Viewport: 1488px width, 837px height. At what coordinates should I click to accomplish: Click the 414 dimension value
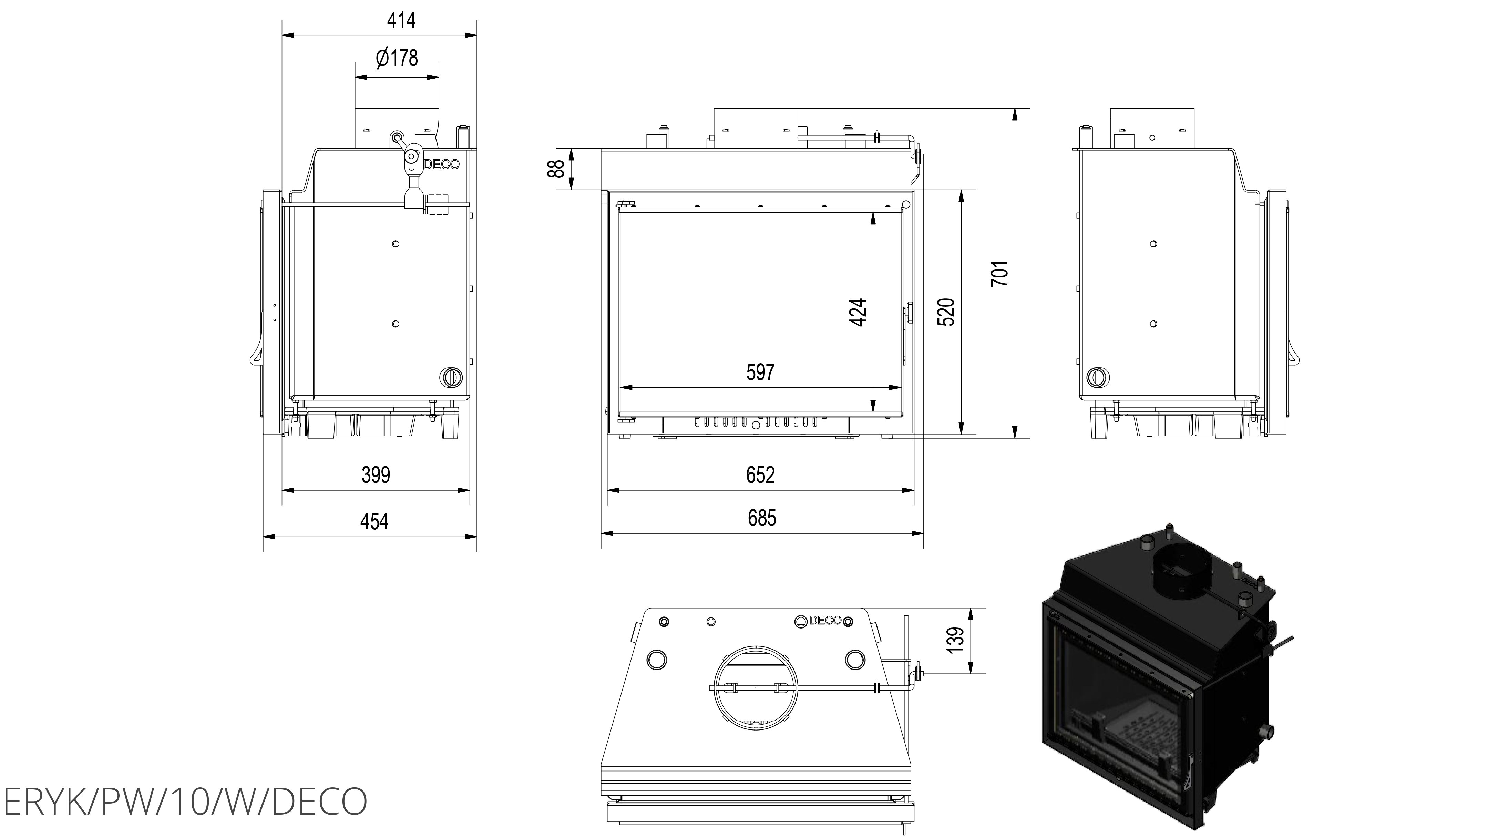point(401,21)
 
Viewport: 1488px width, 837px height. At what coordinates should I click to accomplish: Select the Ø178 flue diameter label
point(396,58)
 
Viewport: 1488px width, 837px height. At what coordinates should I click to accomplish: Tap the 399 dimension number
point(376,475)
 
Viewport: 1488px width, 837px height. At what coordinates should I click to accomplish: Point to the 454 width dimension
point(374,522)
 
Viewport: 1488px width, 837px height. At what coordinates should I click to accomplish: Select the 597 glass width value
point(760,372)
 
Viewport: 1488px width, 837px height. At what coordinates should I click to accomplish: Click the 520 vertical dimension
point(946,313)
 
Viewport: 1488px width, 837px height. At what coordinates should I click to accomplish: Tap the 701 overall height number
point(1000,273)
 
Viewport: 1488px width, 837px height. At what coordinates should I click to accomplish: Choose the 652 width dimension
point(760,475)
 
